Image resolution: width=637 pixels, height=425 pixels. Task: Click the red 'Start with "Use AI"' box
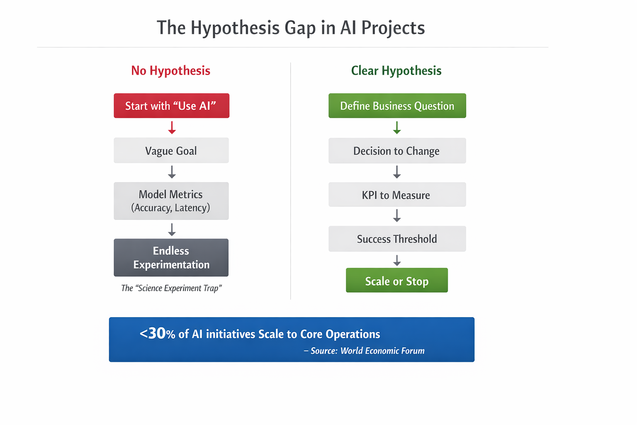point(171,105)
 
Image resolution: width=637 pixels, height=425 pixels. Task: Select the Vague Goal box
point(171,150)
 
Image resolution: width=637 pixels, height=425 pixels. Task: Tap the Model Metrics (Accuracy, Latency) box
point(171,201)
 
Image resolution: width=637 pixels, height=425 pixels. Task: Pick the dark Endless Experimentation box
point(171,257)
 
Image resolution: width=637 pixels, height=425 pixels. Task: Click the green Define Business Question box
point(397,105)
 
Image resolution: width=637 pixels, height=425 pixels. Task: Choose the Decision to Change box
point(397,151)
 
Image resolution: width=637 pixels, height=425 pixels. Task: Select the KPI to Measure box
point(397,194)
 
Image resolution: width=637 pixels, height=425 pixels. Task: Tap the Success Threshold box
point(397,239)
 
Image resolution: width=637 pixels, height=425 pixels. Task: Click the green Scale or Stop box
point(397,280)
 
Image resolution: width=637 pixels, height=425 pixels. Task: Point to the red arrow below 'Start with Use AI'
point(172,127)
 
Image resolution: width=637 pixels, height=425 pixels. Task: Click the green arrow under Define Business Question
point(397,127)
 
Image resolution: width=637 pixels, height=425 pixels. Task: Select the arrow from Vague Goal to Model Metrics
point(172,172)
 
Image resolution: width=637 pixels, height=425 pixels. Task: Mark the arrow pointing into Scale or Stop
point(397,260)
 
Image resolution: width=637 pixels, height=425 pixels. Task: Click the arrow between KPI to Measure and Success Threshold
point(397,215)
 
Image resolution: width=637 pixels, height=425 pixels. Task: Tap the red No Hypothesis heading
point(170,71)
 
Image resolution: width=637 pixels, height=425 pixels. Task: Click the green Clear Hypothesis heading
point(396,71)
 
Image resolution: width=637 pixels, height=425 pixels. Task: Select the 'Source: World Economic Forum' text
point(367,351)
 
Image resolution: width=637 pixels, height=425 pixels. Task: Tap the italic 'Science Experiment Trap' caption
point(171,288)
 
